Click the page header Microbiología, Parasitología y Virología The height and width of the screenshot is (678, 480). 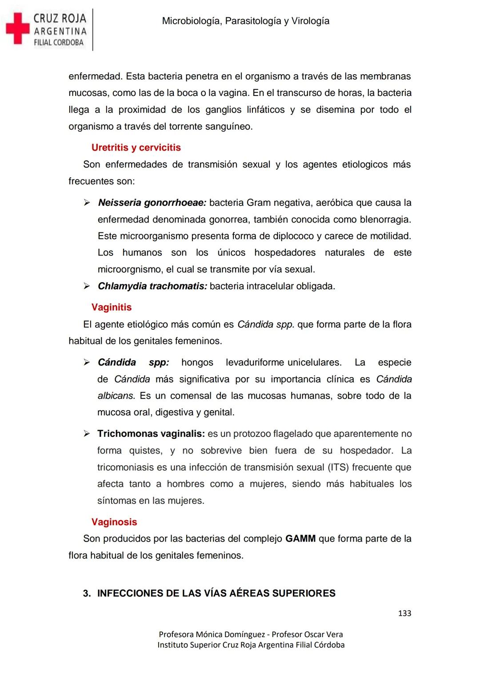click(245, 21)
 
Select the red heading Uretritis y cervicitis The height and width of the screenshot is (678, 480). click(136, 148)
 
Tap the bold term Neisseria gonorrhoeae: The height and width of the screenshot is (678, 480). click(152, 203)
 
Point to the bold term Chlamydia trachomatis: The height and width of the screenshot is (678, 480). click(152, 286)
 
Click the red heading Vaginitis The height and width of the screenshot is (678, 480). click(112, 307)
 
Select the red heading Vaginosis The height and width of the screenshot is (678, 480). click(114, 522)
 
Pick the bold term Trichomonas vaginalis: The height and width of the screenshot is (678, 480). click(151, 434)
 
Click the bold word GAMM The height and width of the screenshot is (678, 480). click(300, 538)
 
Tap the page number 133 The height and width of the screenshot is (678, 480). click(404, 613)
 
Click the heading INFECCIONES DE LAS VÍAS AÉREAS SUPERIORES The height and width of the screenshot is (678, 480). click(216, 593)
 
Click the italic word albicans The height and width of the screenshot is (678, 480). click(116, 395)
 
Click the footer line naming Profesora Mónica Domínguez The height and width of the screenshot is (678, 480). click(251, 634)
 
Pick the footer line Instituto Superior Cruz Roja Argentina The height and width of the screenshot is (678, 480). click(251, 645)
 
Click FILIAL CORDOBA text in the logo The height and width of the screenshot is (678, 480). click(59, 43)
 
